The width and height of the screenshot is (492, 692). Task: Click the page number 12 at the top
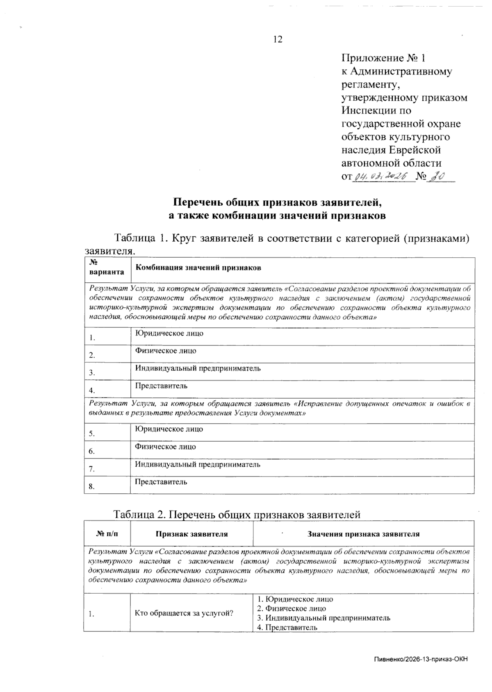278,39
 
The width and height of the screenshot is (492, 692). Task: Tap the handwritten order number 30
437,176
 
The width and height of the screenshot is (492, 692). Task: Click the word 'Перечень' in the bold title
200,202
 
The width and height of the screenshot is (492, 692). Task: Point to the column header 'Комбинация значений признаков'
198,268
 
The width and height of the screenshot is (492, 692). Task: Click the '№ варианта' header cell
106,268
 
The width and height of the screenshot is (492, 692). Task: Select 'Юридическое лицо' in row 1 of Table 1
169,333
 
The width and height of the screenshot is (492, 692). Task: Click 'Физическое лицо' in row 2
166,351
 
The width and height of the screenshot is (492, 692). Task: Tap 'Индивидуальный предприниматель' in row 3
198,368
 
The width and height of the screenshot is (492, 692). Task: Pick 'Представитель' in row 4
161,386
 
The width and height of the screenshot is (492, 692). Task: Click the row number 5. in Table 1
92,433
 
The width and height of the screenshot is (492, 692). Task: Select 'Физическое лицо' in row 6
166,447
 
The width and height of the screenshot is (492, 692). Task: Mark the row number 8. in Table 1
92,486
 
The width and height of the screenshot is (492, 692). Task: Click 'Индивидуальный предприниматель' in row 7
198,464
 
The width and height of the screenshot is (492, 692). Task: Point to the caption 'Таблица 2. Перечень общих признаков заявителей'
237,514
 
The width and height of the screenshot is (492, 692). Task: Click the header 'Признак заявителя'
191,534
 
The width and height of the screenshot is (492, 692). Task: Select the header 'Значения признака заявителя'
363,534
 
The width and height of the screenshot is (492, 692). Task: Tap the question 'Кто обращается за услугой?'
184,613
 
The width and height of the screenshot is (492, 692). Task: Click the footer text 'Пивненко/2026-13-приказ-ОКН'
421,659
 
